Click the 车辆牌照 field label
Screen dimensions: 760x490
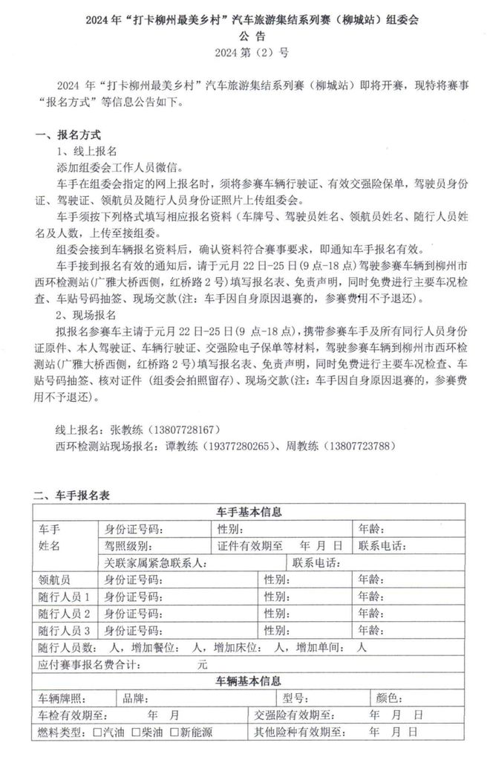tap(63, 698)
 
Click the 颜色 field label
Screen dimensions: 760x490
tap(390, 698)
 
